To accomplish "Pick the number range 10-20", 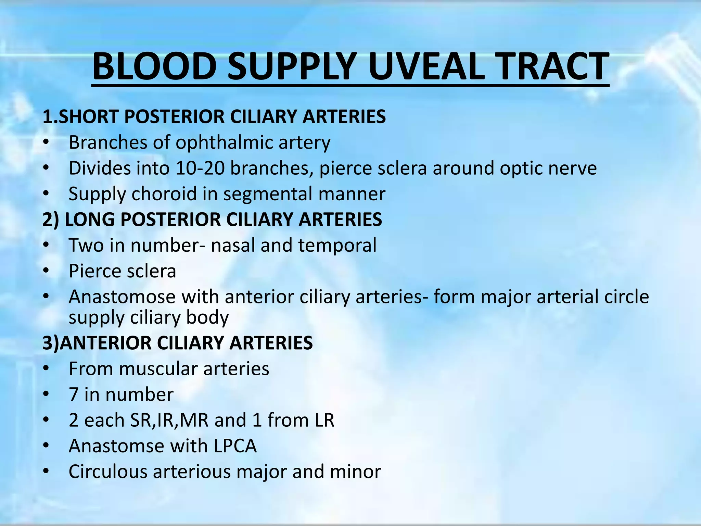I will (x=200, y=168).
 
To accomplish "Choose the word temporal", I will (x=337, y=245).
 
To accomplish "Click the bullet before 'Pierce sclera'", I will (x=46, y=271).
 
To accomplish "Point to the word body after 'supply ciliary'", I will (x=207, y=317).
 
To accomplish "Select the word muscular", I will (x=158, y=369).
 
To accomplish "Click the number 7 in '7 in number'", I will (x=74, y=394).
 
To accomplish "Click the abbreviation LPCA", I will (x=235, y=446).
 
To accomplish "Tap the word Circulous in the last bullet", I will (x=108, y=472).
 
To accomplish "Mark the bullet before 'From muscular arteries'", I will (x=46, y=369).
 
